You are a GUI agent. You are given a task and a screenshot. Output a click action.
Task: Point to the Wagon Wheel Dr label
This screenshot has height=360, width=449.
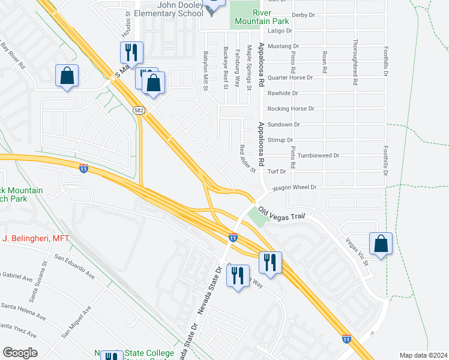[x=294, y=187]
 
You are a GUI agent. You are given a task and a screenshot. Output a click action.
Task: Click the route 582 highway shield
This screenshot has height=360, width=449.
[x=139, y=110]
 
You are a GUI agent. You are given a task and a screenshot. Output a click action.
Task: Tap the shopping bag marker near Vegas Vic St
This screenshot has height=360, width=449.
[x=381, y=244]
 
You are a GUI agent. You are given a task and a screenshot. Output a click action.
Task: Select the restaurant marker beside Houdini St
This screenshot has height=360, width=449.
[x=132, y=53]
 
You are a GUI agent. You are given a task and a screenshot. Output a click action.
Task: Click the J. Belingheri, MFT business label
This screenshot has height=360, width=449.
[x=35, y=238]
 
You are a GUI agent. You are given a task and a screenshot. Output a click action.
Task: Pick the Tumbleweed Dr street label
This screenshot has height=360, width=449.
[x=318, y=155]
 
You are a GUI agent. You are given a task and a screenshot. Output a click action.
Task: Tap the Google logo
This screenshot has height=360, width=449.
[x=20, y=352]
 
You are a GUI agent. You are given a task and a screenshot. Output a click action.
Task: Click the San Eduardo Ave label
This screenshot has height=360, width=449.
[x=74, y=266]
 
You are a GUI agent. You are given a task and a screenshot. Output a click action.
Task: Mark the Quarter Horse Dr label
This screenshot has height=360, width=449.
[x=291, y=77]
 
